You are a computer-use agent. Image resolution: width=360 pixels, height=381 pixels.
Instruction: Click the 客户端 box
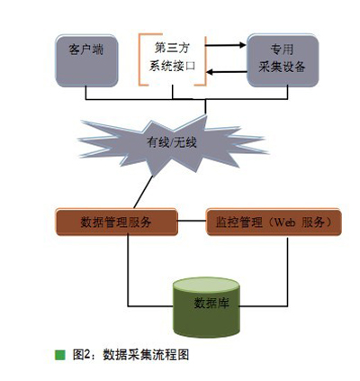tap(86, 61)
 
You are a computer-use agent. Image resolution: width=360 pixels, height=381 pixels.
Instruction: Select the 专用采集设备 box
tap(283, 60)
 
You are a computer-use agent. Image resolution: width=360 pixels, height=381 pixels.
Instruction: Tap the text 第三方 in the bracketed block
tap(173, 49)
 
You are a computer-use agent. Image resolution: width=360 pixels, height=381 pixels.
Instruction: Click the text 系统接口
tap(173, 66)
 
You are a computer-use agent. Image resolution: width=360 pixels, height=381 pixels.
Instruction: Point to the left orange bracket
tap(140, 59)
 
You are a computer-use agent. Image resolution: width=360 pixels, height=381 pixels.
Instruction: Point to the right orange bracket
tap(205, 61)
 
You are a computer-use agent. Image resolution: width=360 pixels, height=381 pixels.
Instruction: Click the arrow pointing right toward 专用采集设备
tap(226, 45)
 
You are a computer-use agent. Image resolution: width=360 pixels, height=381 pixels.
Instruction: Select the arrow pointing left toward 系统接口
tap(227, 72)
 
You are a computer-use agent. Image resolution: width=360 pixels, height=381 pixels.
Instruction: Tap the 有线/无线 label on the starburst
tap(172, 142)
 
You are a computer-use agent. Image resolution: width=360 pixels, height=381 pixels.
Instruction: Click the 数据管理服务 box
tap(117, 222)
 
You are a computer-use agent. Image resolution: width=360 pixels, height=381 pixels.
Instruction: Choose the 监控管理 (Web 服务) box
tap(274, 222)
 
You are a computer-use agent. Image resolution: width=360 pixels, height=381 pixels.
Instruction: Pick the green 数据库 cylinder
tap(206, 307)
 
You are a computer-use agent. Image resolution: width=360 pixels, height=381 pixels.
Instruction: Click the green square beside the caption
tap(60, 355)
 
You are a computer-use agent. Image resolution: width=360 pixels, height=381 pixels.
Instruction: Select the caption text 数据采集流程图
tap(146, 355)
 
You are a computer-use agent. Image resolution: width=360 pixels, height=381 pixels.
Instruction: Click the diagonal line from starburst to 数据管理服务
tap(143, 192)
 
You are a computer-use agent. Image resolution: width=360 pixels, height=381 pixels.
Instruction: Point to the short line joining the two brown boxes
tap(192, 221)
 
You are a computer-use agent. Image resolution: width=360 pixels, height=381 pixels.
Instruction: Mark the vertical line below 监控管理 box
tap(288, 272)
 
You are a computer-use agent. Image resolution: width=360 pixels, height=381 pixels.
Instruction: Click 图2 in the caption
tap(81, 355)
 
